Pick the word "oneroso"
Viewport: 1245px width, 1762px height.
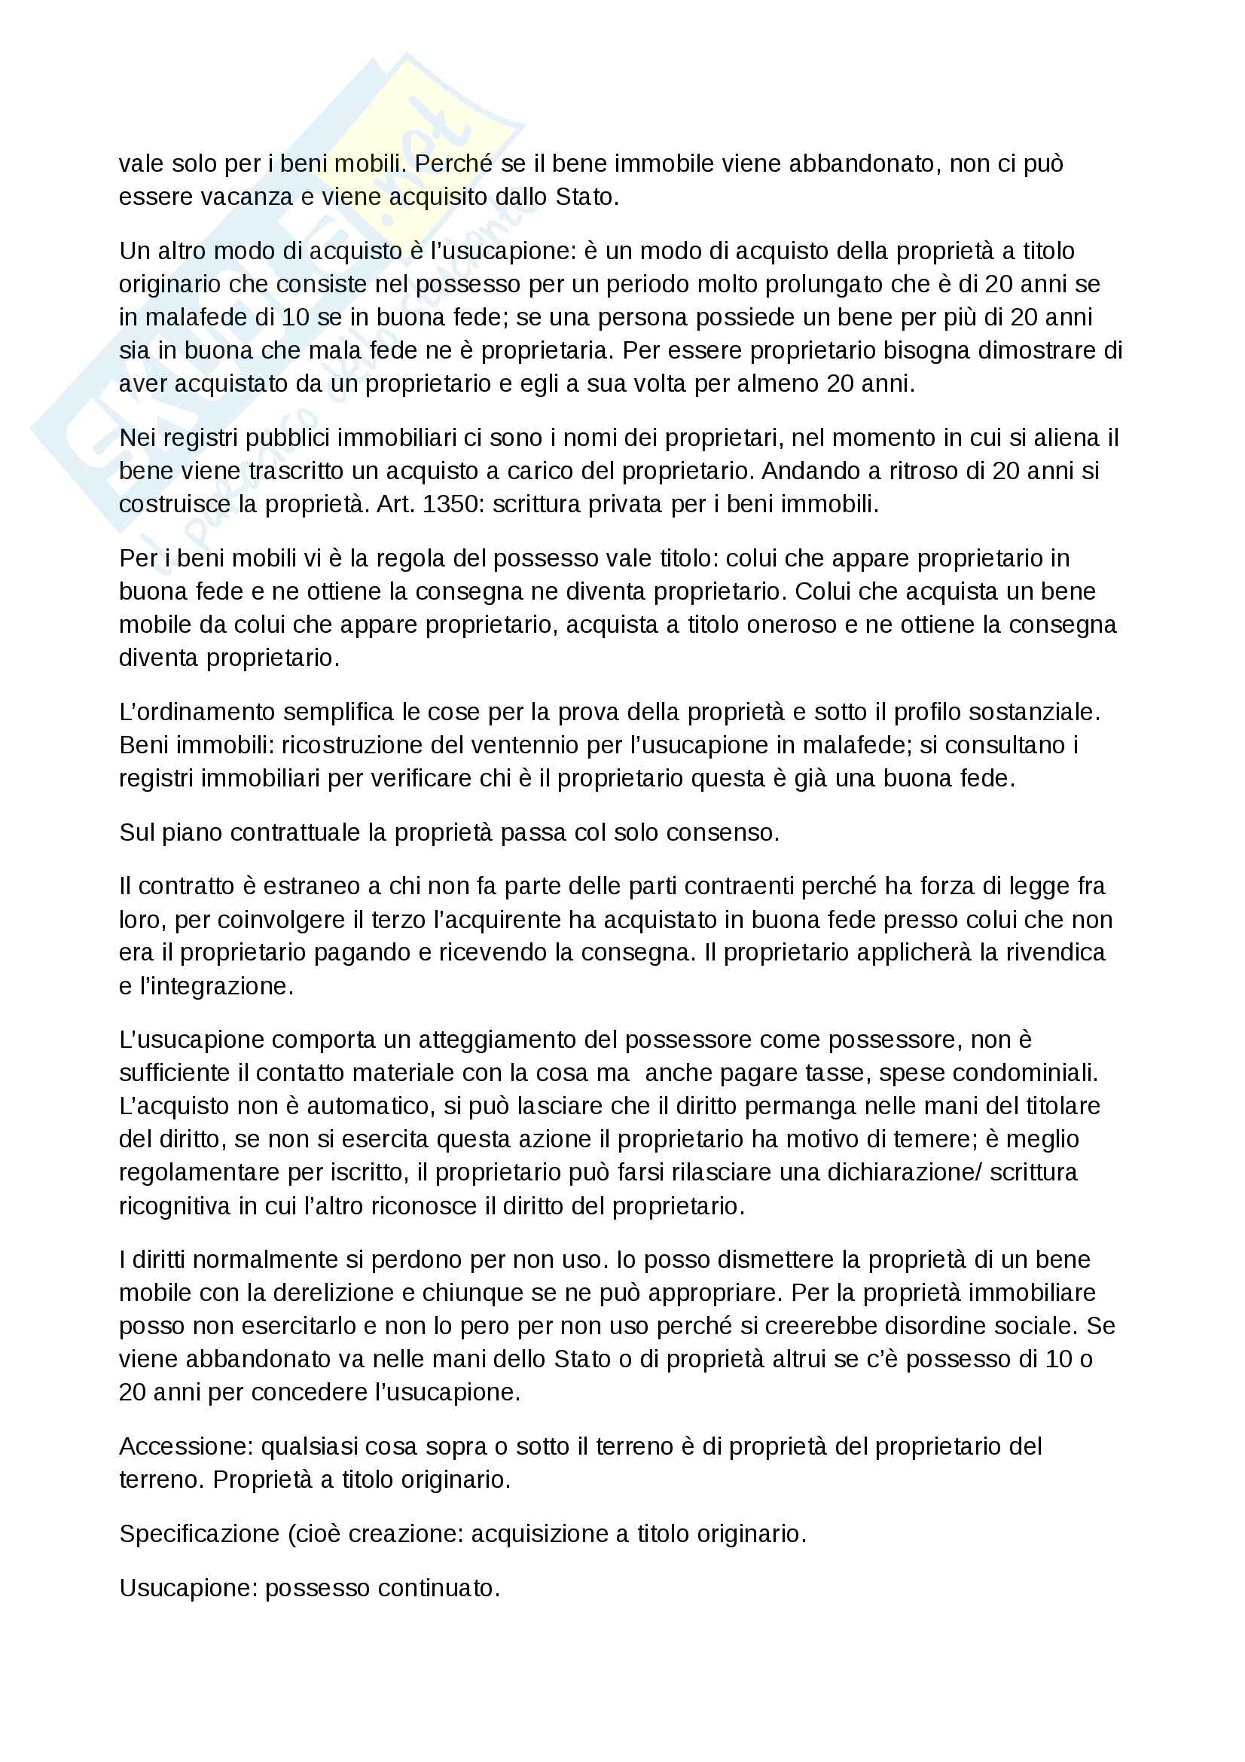click(792, 624)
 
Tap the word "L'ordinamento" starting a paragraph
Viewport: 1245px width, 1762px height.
click(197, 712)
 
